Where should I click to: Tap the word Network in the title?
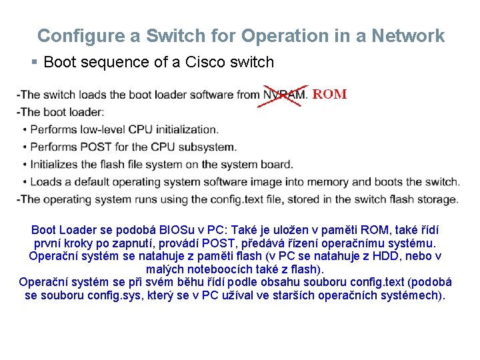click(x=411, y=36)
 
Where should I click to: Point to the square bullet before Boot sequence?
click(x=35, y=63)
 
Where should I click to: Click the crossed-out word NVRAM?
click(x=284, y=95)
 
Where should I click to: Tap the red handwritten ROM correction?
click(x=329, y=95)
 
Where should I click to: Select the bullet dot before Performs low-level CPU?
click(x=25, y=129)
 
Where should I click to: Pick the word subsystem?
click(x=207, y=147)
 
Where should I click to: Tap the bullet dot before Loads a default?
click(x=25, y=181)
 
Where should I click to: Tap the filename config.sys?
click(x=116, y=295)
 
